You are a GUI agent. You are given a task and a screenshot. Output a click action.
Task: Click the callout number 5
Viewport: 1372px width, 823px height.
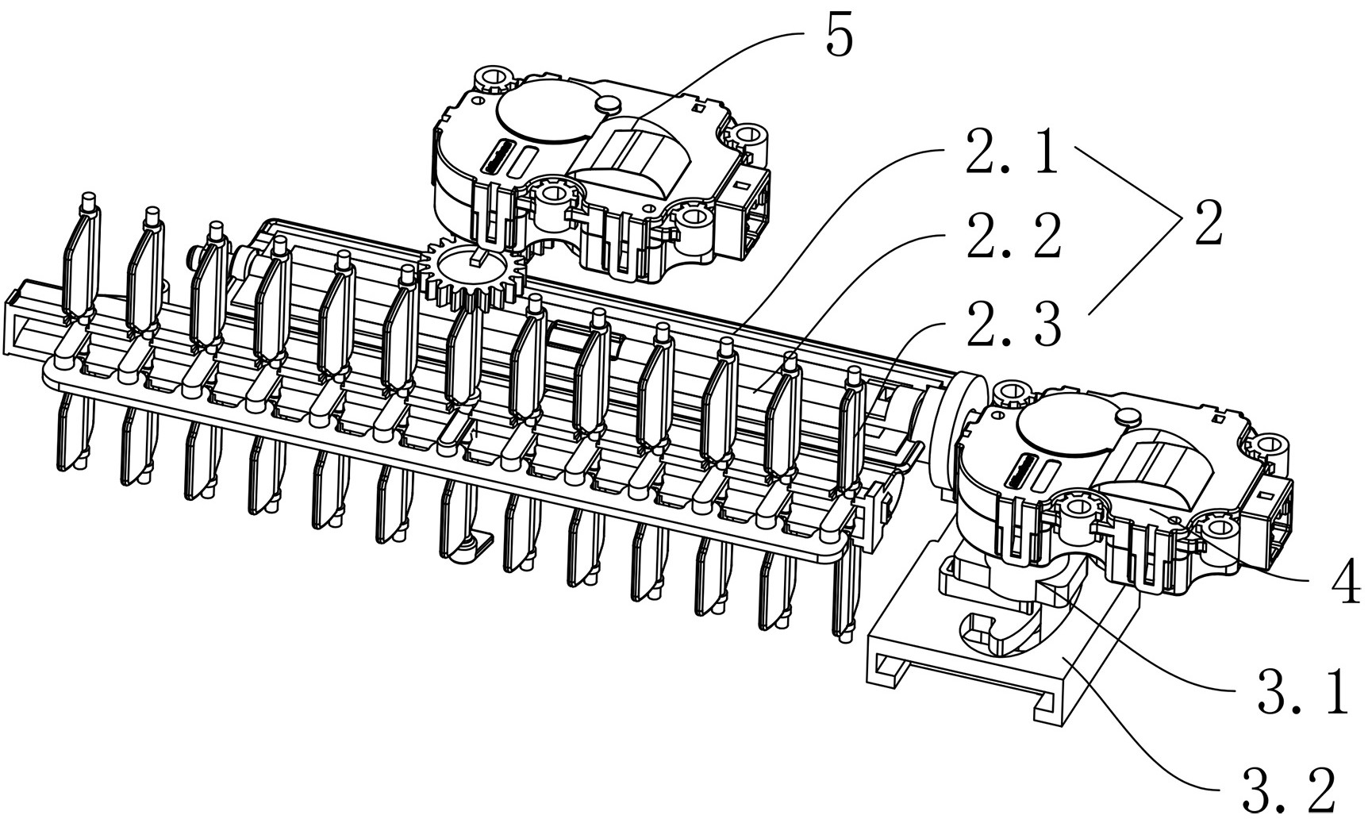click(x=840, y=37)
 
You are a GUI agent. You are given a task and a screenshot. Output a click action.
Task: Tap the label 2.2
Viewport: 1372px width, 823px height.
click(x=1013, y=236)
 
